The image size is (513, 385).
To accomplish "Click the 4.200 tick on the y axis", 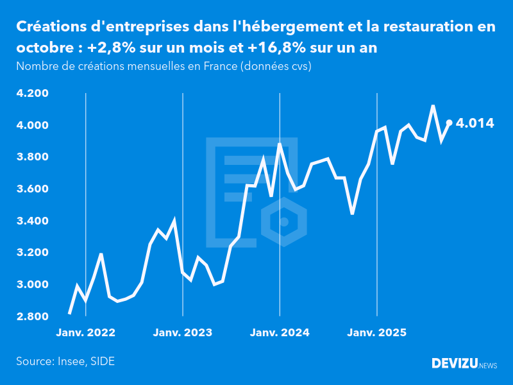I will tap(33, 94).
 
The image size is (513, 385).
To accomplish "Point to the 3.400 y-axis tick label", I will tap(33, 221).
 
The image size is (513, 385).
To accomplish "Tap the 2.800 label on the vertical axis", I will tap(33, 317).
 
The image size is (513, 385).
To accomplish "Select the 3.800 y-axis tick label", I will tap(33, 157).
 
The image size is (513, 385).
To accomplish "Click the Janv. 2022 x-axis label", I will tap(85, 333).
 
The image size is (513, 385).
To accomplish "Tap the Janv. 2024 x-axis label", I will tap(280, 333).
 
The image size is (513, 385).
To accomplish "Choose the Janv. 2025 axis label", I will tap(376, 333).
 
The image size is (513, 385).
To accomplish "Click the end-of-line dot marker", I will tap(449, 123).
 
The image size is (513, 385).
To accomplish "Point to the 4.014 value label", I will tap(475, 123).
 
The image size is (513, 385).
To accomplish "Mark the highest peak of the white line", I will tap(433, 106).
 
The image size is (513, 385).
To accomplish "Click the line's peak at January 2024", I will tap(280, 144).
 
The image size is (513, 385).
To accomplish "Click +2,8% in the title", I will tap(110, 48).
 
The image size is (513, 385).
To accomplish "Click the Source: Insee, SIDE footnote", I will tap(65, 361).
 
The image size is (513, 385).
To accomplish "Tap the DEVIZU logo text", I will tap(454, 363).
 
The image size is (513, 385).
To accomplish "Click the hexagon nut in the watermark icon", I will tap(283, 222).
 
